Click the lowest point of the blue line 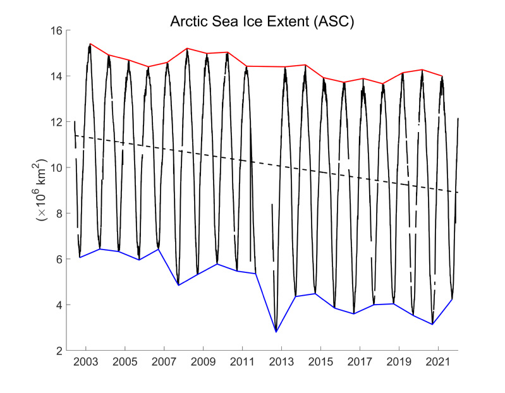click(x=276, y=332)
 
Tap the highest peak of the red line click(x=90, y=44)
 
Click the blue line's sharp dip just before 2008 click(x=178, y=285)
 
